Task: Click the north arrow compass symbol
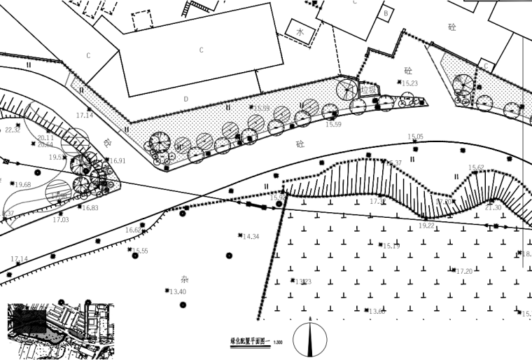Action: click(x=310, y=339)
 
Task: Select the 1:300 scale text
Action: click(x=278, y=342)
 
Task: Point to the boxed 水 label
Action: click(x=300, y=32)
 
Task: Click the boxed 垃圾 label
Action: click(x=369, y=90)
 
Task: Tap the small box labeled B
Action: click(x=385, y=13)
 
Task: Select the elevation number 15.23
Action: click(x=409, y=83)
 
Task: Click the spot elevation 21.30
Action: click(x=493, y=207)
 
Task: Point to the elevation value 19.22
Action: click(x=426, y=226)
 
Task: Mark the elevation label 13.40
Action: click(x=178, y=291)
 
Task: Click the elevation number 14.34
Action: click(x=251, y=237)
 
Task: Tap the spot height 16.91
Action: click(x=118, y=161)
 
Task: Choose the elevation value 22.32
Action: click(x=13, y=130)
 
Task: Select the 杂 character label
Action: click(x=185, y=279)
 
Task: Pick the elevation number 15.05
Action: click(x=416, y=137)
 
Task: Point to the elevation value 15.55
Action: click(x=139, y=251)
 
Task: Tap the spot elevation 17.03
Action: click(x=61, y=220)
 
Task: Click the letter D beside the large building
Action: click(x=186, y=99)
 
